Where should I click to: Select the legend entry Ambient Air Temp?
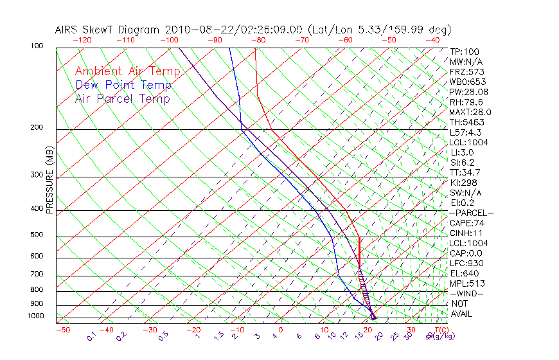tap(127, 71)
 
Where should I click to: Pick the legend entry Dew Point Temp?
tap(123, 85)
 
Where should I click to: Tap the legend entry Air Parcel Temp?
tap(122, 98)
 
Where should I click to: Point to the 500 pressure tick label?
tap(37, 235)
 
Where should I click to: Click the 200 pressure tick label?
tap(37, 128)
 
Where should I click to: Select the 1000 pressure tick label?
tap(35, 316)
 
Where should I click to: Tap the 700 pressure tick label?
tap(37, 274)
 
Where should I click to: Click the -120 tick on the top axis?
tap(82, 40)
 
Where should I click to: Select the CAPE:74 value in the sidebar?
tap(467, 223)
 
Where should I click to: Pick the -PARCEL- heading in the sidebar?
tap(471, 213)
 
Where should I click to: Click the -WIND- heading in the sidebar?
tap(467, 293)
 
